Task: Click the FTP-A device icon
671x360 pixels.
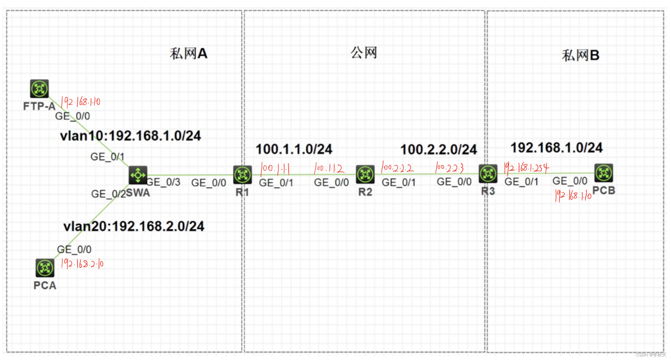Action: coord(39,89)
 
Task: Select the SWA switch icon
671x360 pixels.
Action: coord(138,175)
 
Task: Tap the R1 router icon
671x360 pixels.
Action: coord(242,175)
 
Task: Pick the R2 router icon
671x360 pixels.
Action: coord(365,174)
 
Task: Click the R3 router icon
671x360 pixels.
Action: coord(488,174)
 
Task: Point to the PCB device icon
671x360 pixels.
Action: coord(604,173)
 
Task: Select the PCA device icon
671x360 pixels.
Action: coord(45,268)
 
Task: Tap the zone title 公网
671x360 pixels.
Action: coord(364,53)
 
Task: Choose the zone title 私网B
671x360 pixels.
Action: coord(581,55)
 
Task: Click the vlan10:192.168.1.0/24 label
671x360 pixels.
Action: coord(130,136)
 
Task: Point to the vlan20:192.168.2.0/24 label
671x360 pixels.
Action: coord(134,226)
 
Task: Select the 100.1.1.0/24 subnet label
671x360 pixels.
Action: coord(294,149)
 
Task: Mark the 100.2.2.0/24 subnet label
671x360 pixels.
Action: coord(438,150)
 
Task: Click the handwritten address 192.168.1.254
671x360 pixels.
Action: coord(527,168)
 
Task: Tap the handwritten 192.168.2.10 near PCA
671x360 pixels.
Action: coord(82,264)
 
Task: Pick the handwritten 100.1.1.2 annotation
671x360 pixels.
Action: coord(329,168)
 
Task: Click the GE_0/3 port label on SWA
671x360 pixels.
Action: coord(164,182)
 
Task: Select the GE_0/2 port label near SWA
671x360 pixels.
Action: coord(109,194)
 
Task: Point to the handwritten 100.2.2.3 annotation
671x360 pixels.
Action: coord(449,168)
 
